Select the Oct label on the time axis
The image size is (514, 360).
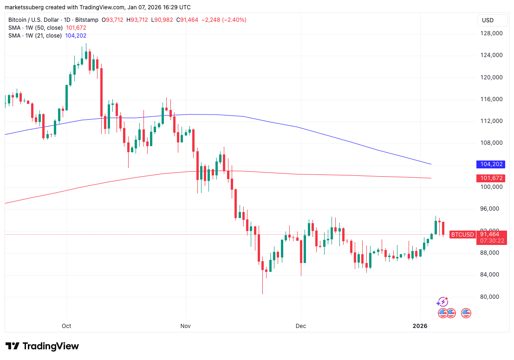[66, 326]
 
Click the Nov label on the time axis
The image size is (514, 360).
[186, 326]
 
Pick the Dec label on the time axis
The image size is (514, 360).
[301, 326]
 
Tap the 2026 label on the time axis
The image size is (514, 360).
[420, 326]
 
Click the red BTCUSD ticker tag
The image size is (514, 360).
[462, 235]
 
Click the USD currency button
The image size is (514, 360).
[488, 20]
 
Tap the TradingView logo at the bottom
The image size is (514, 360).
[42, 346]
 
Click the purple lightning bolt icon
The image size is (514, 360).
[442, 302]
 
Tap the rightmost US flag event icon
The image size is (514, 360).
[466, 313]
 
